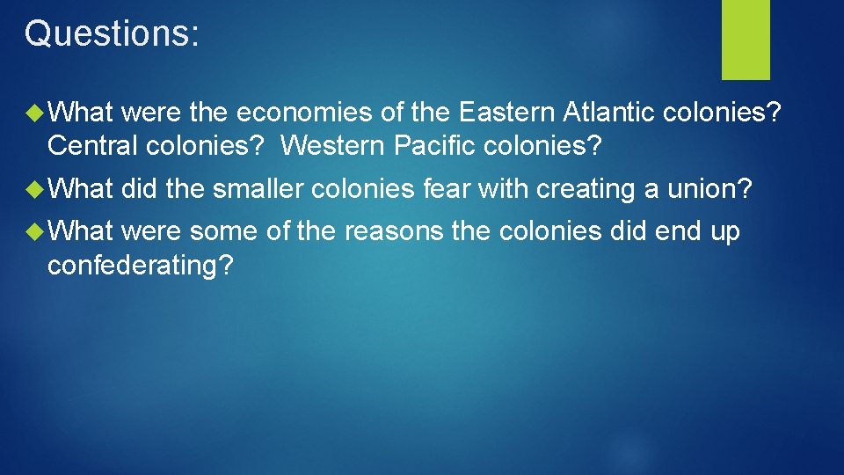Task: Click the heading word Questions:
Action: [x=113, y=35]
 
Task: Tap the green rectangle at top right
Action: [x=746, y=39]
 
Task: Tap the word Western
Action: [x=335, y=146]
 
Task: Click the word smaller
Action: [x=261, y=189]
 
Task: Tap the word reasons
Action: [x=394, y=232]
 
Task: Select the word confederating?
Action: [x=141, y=265]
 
